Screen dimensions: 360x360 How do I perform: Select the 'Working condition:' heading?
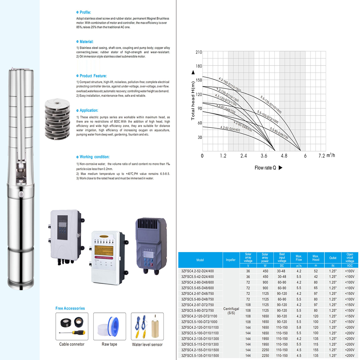pos(94,157)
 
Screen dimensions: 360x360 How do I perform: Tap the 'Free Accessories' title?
pos(70,308)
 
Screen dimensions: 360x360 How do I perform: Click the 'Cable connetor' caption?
pos(72,344)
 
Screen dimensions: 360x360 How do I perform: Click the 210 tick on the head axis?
pos(198,52)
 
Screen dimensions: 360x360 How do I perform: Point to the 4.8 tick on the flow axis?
pos(284,156)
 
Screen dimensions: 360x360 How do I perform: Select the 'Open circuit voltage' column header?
pos(350,258)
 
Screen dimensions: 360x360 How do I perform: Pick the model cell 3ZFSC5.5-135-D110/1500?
pos(200,355)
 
